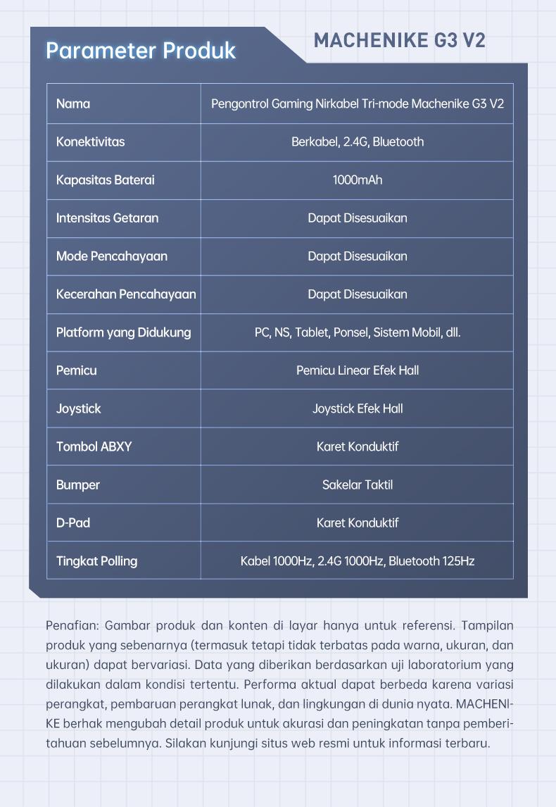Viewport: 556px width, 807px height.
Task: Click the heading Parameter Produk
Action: coord(141,51)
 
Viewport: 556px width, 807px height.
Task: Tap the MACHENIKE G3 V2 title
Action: coord(399,40)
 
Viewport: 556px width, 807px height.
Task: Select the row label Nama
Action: coord(73,104)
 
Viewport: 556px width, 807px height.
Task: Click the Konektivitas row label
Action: coord(90,142)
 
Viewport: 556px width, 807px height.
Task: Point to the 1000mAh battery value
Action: coord(358,180)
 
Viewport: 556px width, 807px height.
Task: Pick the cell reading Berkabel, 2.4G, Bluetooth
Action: coord(358,142)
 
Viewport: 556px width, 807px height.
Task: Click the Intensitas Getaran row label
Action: coord(107,218)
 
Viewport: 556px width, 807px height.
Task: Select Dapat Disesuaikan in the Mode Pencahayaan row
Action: coord(358,256)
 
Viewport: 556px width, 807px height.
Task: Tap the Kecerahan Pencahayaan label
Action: coord(126,294)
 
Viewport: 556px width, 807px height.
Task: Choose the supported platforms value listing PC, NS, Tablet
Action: coord(358,332)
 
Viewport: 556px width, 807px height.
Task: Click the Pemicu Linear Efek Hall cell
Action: coord(358,370)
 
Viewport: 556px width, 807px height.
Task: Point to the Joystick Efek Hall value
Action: coord(358,408)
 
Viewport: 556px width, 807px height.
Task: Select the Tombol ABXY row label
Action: coord(94,446)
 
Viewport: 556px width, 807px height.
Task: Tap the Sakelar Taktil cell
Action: coord(358,484)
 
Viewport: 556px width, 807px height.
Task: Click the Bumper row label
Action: coord(78,484)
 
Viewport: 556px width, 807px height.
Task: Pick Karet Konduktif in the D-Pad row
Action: coord(358,523)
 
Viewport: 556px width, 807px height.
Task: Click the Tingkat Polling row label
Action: coord(96,561)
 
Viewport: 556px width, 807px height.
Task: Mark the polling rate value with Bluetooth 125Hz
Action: coord(358,561)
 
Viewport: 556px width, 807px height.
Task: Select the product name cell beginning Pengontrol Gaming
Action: coord(358,104)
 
